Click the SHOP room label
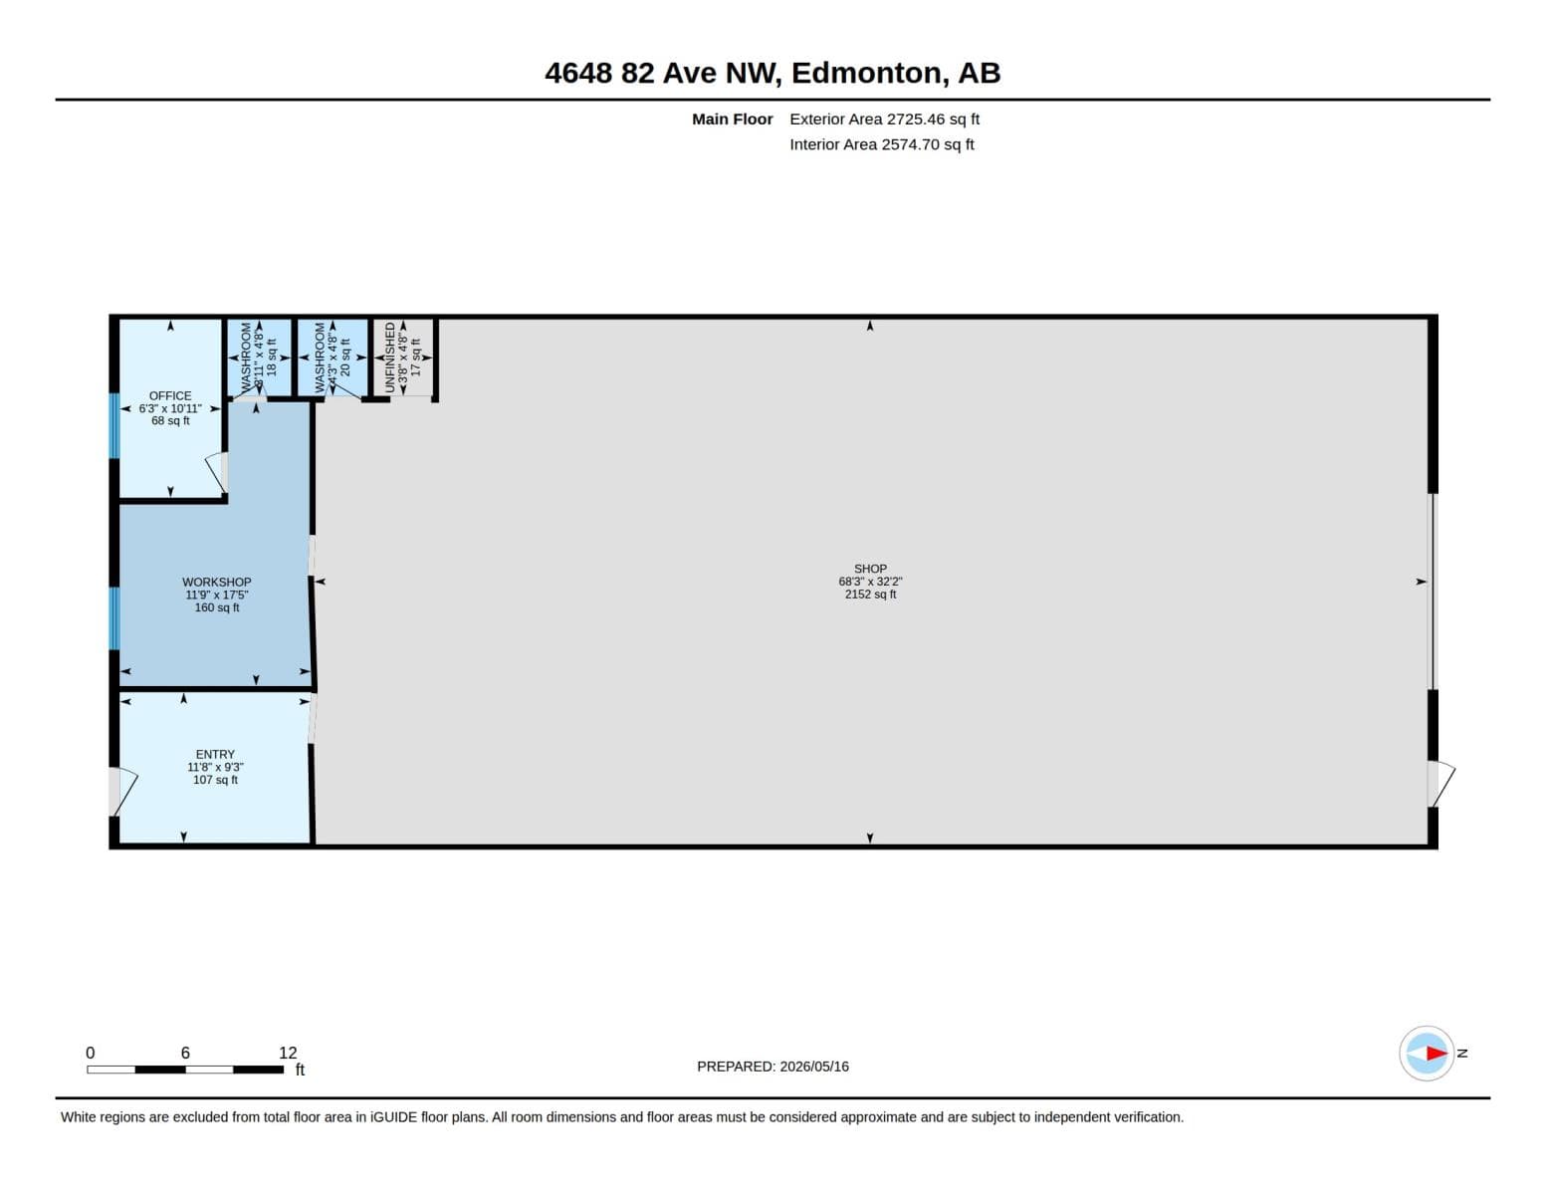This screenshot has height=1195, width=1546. click(870, 569)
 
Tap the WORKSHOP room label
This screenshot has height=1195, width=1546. click(216, 583)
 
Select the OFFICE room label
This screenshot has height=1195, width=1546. click(170, 395)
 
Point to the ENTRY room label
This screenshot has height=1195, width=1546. click(215, 755)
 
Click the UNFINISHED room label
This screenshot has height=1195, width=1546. click(390, 358)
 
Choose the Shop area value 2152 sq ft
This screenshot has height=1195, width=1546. click(870, 595)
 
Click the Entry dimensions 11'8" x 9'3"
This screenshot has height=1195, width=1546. click(215, 767)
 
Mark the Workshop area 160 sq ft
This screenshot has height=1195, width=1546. click(217, 607)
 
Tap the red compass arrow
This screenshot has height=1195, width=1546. click(1436, 1053)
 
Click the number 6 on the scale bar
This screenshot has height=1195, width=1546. click(185, 1053)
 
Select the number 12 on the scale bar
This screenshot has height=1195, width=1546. click(288, 1053)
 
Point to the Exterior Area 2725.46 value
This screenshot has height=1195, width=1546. click(933, 119)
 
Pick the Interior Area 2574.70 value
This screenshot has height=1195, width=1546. click(928, 144)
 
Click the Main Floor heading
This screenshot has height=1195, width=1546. click(732, 119)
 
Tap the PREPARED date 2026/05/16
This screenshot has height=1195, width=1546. click(814, 1067)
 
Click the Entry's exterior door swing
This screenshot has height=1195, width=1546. click(123, 791)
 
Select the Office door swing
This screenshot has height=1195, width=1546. click(216, 473)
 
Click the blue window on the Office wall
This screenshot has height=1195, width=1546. click(113, 425)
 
